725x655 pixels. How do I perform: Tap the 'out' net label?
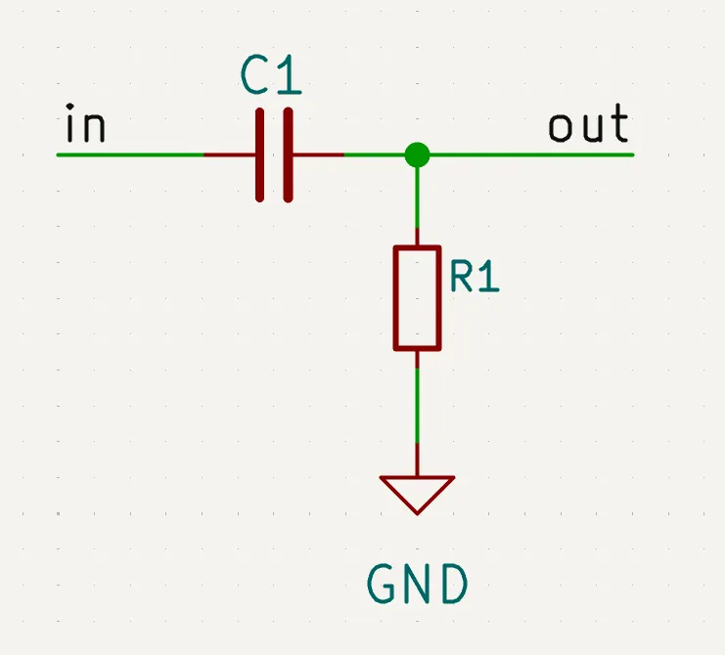click(x=588, y=127)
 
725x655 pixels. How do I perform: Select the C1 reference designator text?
click(x=271, y=77)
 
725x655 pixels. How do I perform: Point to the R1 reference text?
click(x=475, y=279)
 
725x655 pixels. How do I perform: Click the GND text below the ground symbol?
click(x=418, y=586)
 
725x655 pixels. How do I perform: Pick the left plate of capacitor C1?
click(x=260, y=155)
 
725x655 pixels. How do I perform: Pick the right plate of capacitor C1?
click(x=289, y=155)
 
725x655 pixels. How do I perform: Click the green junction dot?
click(x=418, y=154)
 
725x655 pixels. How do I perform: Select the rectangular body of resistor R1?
click(x=418, y=298)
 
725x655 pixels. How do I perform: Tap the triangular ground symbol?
click(x=418, y=492)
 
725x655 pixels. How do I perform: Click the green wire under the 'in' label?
click(x=127, y=154)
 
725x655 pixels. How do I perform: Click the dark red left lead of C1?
click(x=231, y=154)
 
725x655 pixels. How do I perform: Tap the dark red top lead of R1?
click(x=418, y=236)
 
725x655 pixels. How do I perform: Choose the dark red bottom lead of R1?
click(x=418, y=360)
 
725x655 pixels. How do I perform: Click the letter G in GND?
click(x=383, y=586)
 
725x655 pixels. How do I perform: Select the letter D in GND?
click(x=453, y=586)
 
